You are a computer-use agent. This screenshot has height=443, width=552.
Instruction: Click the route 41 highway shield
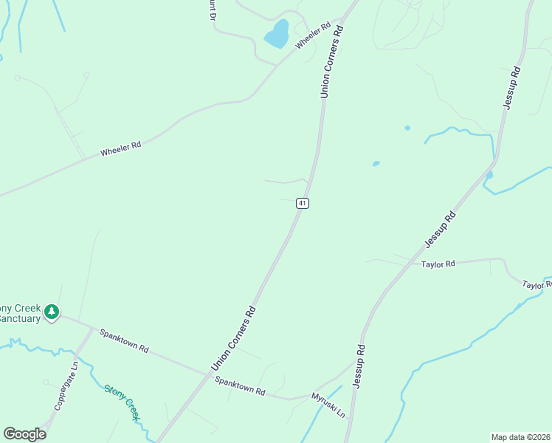pyautogui.click(x=302, y=203)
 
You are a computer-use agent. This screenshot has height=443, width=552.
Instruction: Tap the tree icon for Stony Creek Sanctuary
pyautogui.click(x=52, y=312)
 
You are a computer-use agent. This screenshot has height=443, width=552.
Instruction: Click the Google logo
pyautogui.click(x=24, y=434)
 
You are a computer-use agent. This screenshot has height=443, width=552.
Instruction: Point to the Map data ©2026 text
pyautogui.click(x=520, y=437)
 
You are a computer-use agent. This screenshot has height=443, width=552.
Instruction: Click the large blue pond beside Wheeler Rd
pyautogui.click(x=277, y=34)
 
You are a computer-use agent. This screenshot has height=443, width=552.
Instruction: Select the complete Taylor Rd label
pyautogui.click(x=438, y=263)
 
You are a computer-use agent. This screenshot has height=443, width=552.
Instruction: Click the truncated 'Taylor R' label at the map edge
pyautogui.click(x=537, y=284)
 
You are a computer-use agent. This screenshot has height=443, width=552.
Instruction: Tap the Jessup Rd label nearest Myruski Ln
pyautogui.click(x=359, y=365)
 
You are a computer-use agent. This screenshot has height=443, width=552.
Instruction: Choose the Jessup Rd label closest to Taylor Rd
pyautogui.click(x=441, y=229)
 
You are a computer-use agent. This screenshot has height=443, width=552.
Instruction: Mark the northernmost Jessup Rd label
pyautogui.click(x=512, y=88)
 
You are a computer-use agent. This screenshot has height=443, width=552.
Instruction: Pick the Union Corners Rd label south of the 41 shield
pyautogui.click(x=233, y=338)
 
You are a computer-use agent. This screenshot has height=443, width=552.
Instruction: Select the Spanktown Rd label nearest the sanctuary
pyautogui.click(x=124, y=340)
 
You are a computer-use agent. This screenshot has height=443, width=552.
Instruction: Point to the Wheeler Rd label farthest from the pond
pyautogui.click(x=120, y=148)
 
